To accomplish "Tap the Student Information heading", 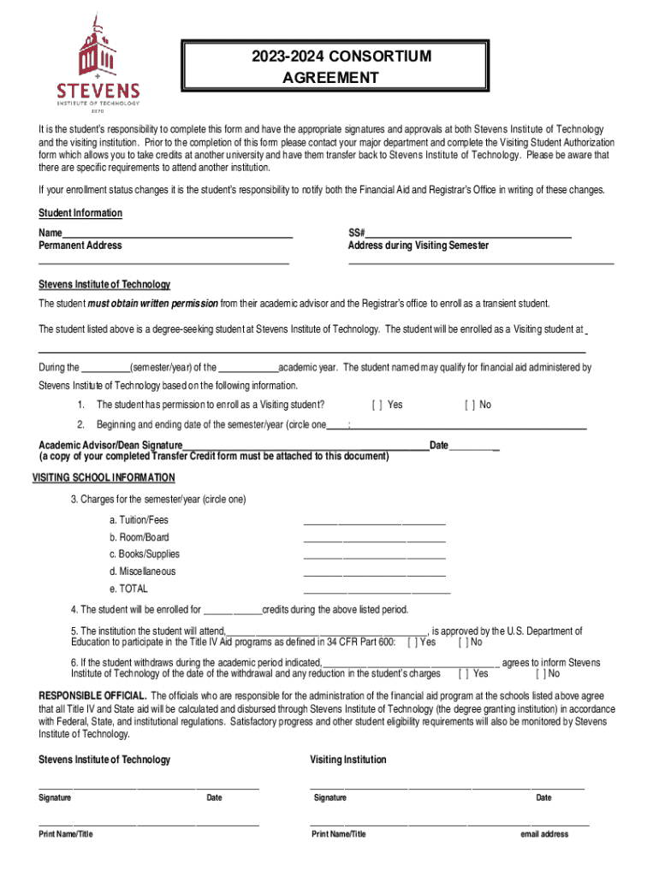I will (80, 213).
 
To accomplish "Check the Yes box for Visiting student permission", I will (376, 405).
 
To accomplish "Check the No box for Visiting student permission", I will (469, 405).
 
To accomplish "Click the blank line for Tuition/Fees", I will (374, 522).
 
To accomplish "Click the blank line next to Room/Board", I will (374, 540).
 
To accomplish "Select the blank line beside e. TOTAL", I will (377, 591).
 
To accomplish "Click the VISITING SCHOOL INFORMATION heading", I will (104, 477).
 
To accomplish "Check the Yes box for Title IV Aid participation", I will (413, 642).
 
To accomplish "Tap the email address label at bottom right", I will (544, 834).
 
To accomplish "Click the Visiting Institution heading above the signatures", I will (348, 760).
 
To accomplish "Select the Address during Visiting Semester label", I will (419, 246).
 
